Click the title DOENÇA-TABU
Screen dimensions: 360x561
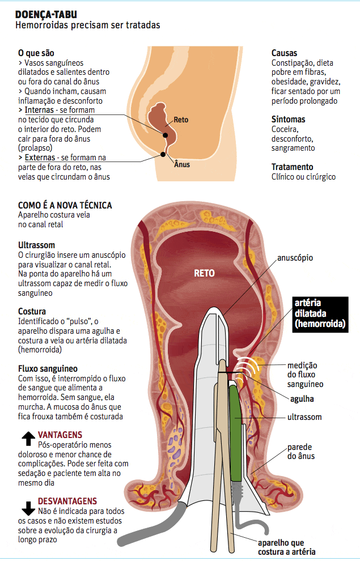click(46, 14)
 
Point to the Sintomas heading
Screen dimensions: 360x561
click(288, 120)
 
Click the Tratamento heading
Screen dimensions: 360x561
click(292, 167)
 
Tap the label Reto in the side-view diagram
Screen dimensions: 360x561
click(181, 120)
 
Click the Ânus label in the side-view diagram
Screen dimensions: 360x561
click(181, 164)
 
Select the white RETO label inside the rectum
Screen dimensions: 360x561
click(204, 273)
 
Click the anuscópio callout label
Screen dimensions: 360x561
click(295, 258)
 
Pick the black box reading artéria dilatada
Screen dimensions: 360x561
click(320, 314)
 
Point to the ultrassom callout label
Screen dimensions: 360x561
click(304, 417)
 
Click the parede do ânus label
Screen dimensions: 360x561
click(300, 451)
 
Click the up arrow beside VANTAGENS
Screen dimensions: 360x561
click(27, 438)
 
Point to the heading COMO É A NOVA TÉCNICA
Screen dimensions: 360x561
click(65, 205)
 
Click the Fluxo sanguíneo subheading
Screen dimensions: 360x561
click(48, 368)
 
